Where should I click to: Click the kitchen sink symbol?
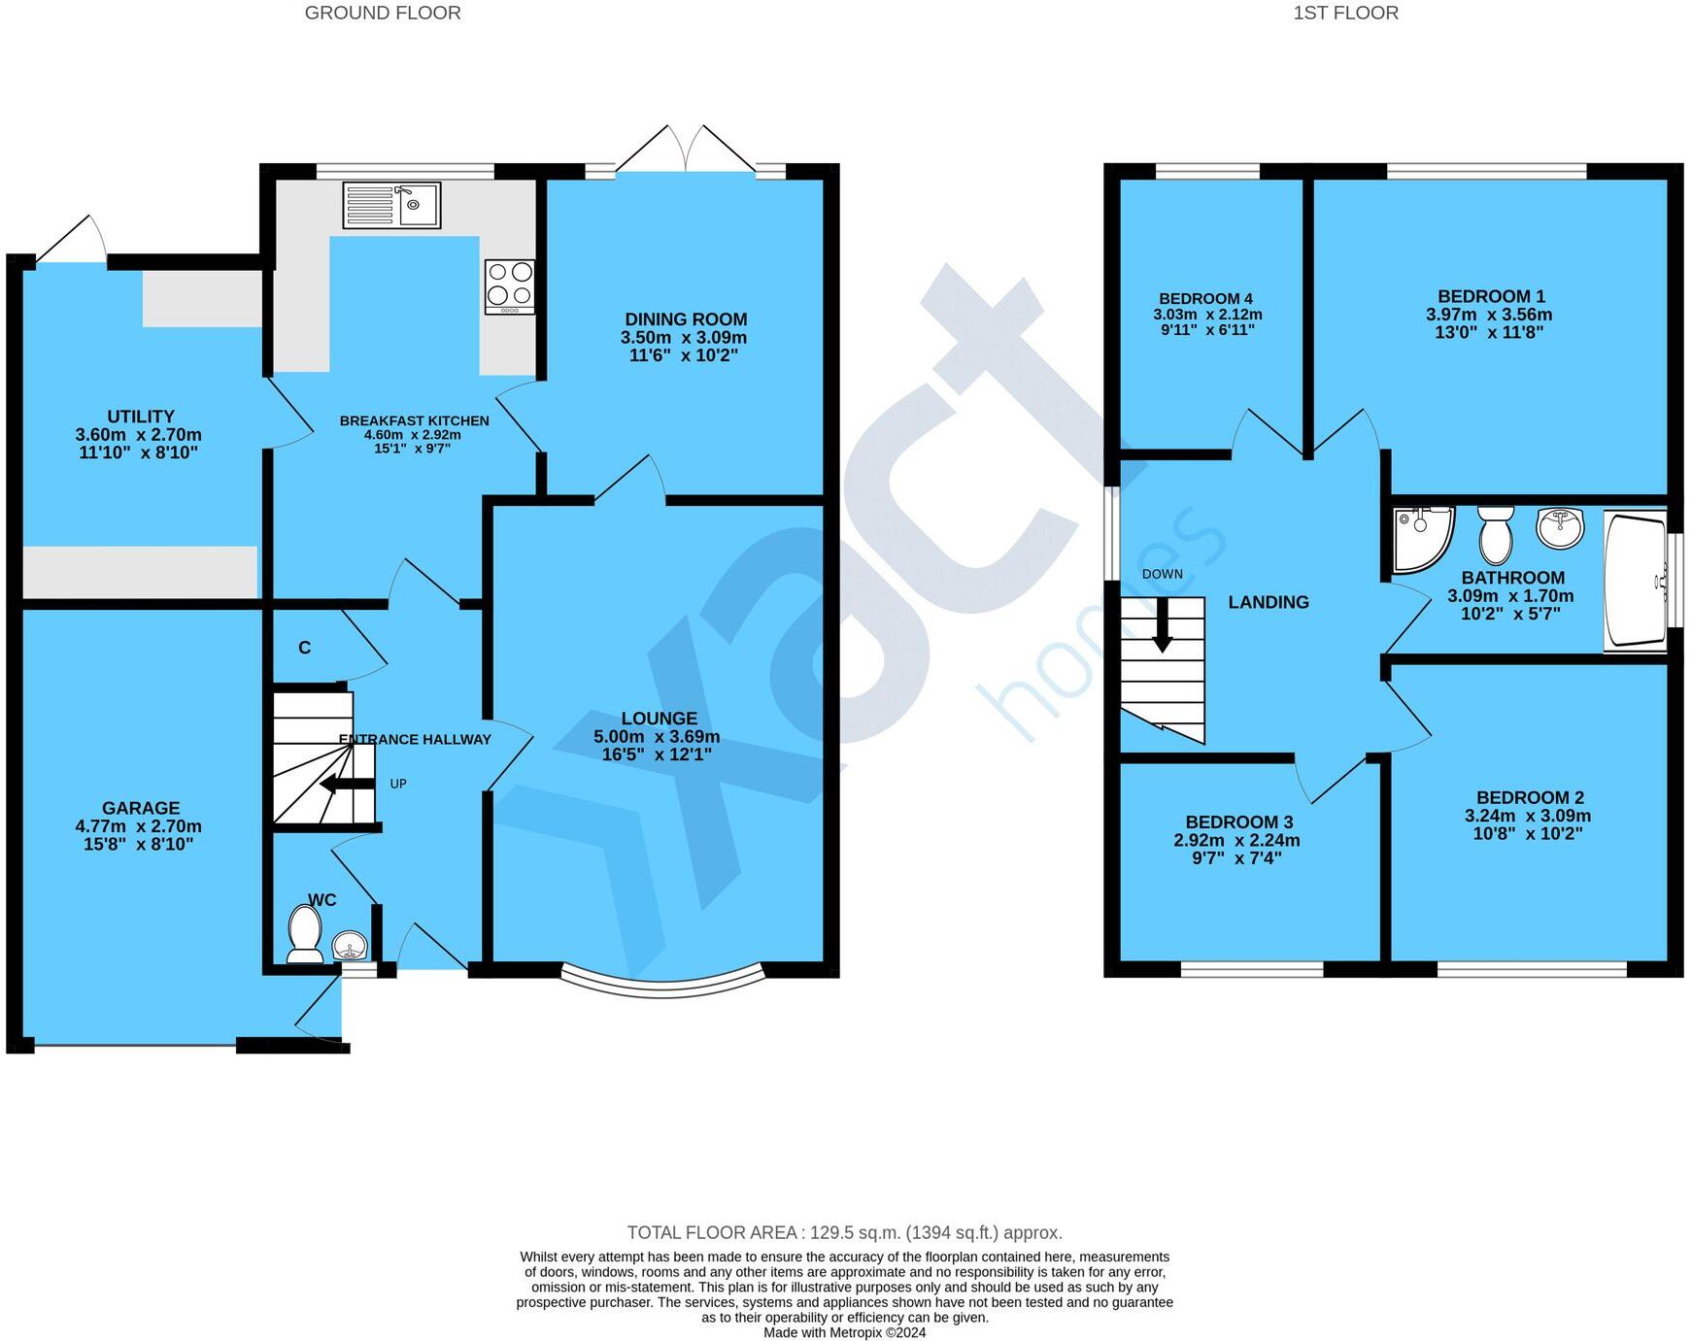(392, 205)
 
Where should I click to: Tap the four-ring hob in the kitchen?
(510, 286)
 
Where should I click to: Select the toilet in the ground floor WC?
(305, 934)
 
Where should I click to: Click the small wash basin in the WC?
(350, 944)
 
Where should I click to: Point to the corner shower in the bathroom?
(1422, 539)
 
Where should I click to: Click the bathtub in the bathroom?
(1636, 580)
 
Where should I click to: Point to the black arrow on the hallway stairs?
(347, 785)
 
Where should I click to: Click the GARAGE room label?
(141, 808)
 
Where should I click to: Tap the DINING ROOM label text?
(686, 319)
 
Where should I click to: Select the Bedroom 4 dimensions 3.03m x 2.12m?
(1207, 315)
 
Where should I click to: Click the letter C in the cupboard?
(305, 648)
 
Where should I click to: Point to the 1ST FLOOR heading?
(1345, 13)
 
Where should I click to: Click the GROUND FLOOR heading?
(383, 13)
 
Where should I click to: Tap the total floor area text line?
(845, 1233)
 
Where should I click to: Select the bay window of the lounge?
(664, 987)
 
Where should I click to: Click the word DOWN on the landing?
(1163, 574)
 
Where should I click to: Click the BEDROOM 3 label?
(1238, 822)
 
